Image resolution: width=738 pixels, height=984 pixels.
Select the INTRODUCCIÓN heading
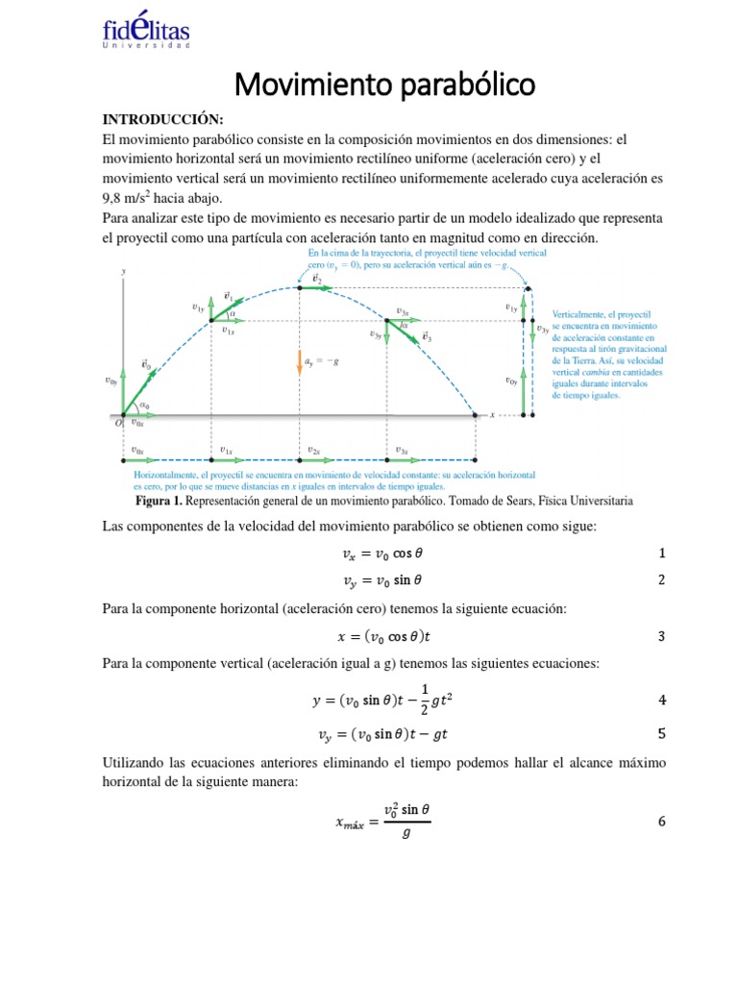pyautogui.click(x=162, y=119)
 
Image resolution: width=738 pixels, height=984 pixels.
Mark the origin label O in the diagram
pyautogui.click(x=117, y=421)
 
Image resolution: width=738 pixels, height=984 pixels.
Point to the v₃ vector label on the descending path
pyautogui.click(x=427, y=338)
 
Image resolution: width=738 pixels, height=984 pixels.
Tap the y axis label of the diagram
pyautogui.click(x=123, y=272)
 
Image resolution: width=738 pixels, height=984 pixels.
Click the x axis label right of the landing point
pyautogui.click(x=492, y=415)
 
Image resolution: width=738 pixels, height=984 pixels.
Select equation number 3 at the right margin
pyautogui.click(x=661, y=636)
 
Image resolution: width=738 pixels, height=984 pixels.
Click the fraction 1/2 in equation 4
pyautogui.click(x=399, y=701)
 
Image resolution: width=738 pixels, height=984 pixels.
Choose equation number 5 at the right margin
pyautogui.click(x=661, y=734)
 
